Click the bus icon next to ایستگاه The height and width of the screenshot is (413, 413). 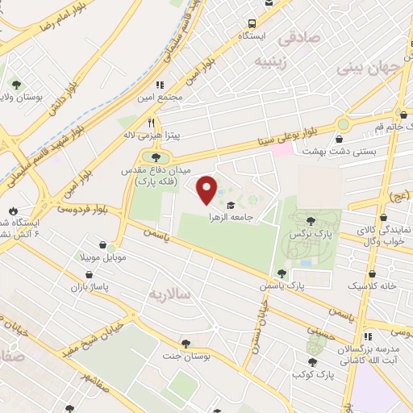click(252, 23)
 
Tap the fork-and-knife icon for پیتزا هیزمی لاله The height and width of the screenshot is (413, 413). click(150, 123)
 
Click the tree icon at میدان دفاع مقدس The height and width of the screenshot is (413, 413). click(156, 156)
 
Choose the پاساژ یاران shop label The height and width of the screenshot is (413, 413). click(88, 286)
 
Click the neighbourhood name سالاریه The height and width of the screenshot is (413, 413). click(169, 294)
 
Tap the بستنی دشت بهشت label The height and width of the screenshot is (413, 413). click(330, 151)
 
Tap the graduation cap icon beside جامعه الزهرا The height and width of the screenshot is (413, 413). click(230, 205)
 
